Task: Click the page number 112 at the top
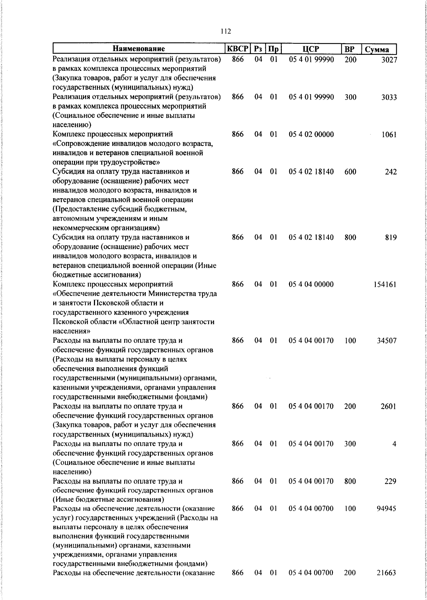pos(226,31)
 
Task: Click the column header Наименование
pos(139,49)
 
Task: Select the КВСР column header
pos(238,49)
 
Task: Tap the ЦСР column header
pos(311,49)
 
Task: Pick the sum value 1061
pos(389,135)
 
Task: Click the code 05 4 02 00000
pos(311,135)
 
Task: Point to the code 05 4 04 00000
pos(311,284)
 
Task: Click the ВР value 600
pos(350,172)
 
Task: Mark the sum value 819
pos(390,238)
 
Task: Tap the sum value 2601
pos(389,406)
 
